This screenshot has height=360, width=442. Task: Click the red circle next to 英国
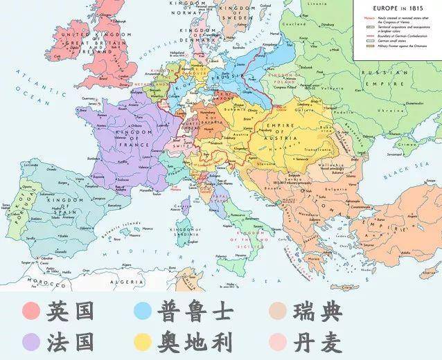coord(30,310)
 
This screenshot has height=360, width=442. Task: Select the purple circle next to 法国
coord(30,341)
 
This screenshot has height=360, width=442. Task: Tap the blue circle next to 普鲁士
coord(144,310)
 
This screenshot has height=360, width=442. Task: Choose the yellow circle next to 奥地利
coord(144,341)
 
